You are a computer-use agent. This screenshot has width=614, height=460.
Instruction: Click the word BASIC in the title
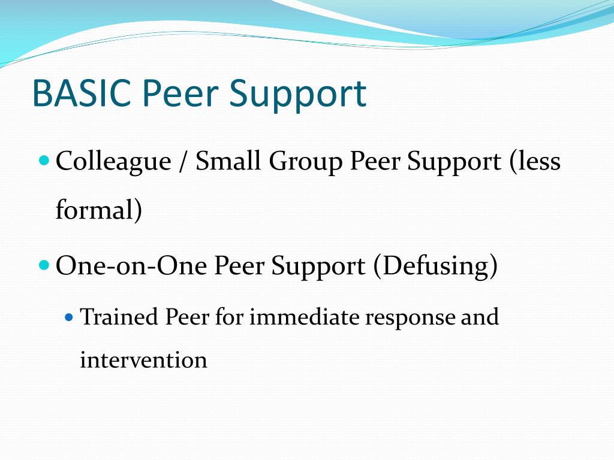82,93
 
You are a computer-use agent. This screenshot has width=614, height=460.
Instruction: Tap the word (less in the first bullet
535,161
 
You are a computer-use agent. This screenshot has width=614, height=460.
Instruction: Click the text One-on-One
132,266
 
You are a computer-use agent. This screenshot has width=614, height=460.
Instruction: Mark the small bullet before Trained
68,315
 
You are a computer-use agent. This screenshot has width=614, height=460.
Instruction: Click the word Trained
119,316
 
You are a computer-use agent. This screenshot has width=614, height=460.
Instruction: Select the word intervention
143,361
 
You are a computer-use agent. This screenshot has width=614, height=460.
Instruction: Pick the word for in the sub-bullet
230,316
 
